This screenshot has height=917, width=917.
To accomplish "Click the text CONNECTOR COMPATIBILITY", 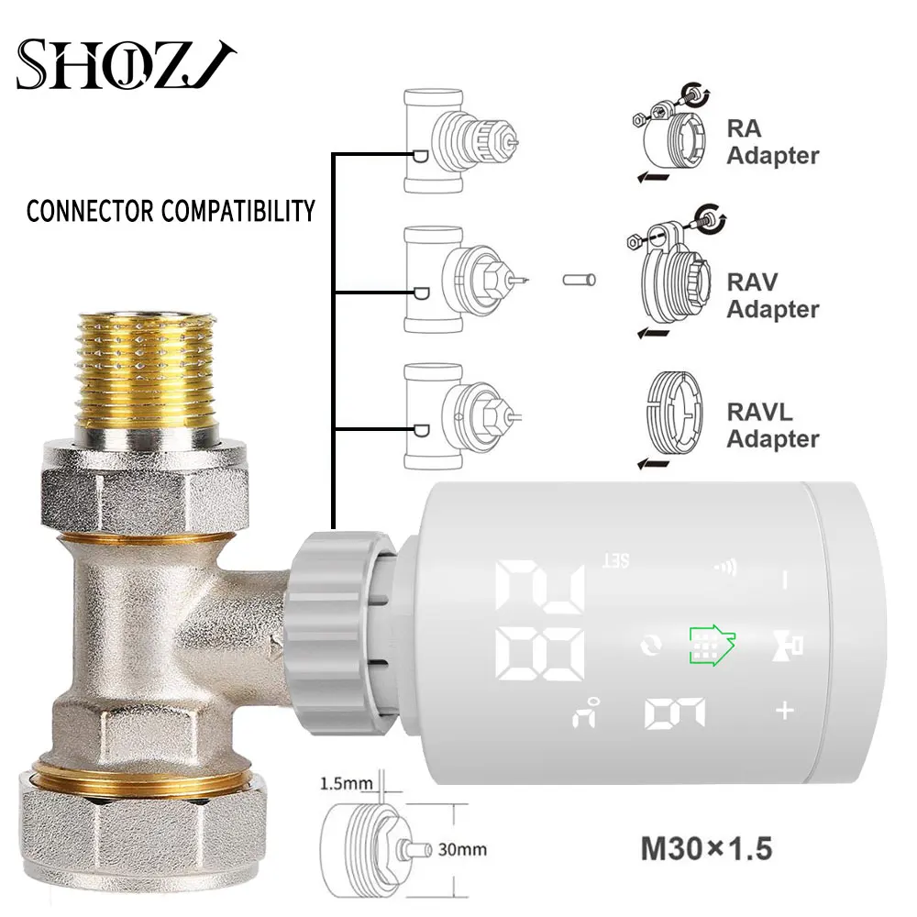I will tap(171, 211).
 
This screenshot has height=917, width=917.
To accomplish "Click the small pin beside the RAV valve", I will tap(580, 277).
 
